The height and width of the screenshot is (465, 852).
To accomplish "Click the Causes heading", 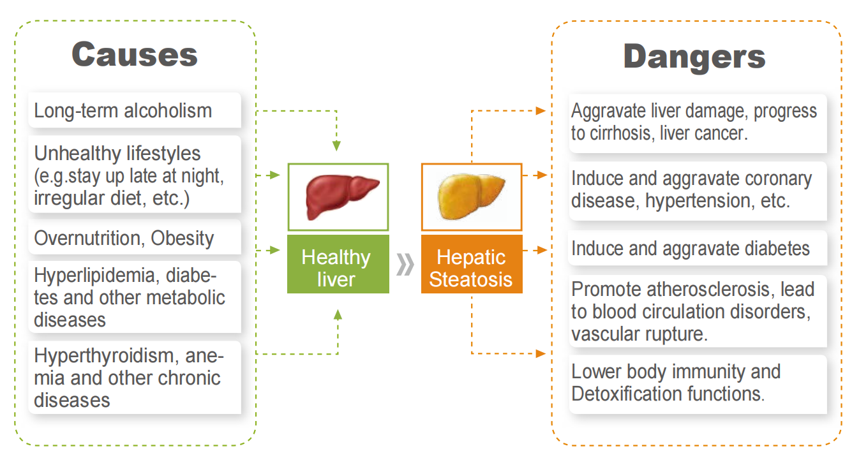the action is (135, 55).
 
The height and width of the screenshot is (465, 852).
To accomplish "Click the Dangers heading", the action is (694, 57).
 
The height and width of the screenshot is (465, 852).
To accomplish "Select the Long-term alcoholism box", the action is (135, 110).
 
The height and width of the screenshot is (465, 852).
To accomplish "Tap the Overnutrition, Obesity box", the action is (135, 238).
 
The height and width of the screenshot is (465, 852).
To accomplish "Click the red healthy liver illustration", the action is (342, 196).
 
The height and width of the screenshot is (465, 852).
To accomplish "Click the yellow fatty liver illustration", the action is (471, 196).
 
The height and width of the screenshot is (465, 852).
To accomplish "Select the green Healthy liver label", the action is (338, 264).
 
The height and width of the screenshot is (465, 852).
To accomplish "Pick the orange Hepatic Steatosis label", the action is (472, 264).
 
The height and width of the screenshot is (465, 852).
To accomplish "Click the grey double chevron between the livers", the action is (405, 264).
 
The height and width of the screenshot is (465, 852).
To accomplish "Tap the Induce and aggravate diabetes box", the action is (698, 248).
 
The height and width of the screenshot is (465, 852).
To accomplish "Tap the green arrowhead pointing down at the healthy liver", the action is (336, 146).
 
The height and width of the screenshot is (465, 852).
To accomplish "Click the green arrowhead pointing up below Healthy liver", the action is (338, 314).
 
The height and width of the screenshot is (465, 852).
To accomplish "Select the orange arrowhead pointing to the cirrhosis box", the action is (541, 110).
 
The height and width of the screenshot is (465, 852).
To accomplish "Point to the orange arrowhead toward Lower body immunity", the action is (541, 353).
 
